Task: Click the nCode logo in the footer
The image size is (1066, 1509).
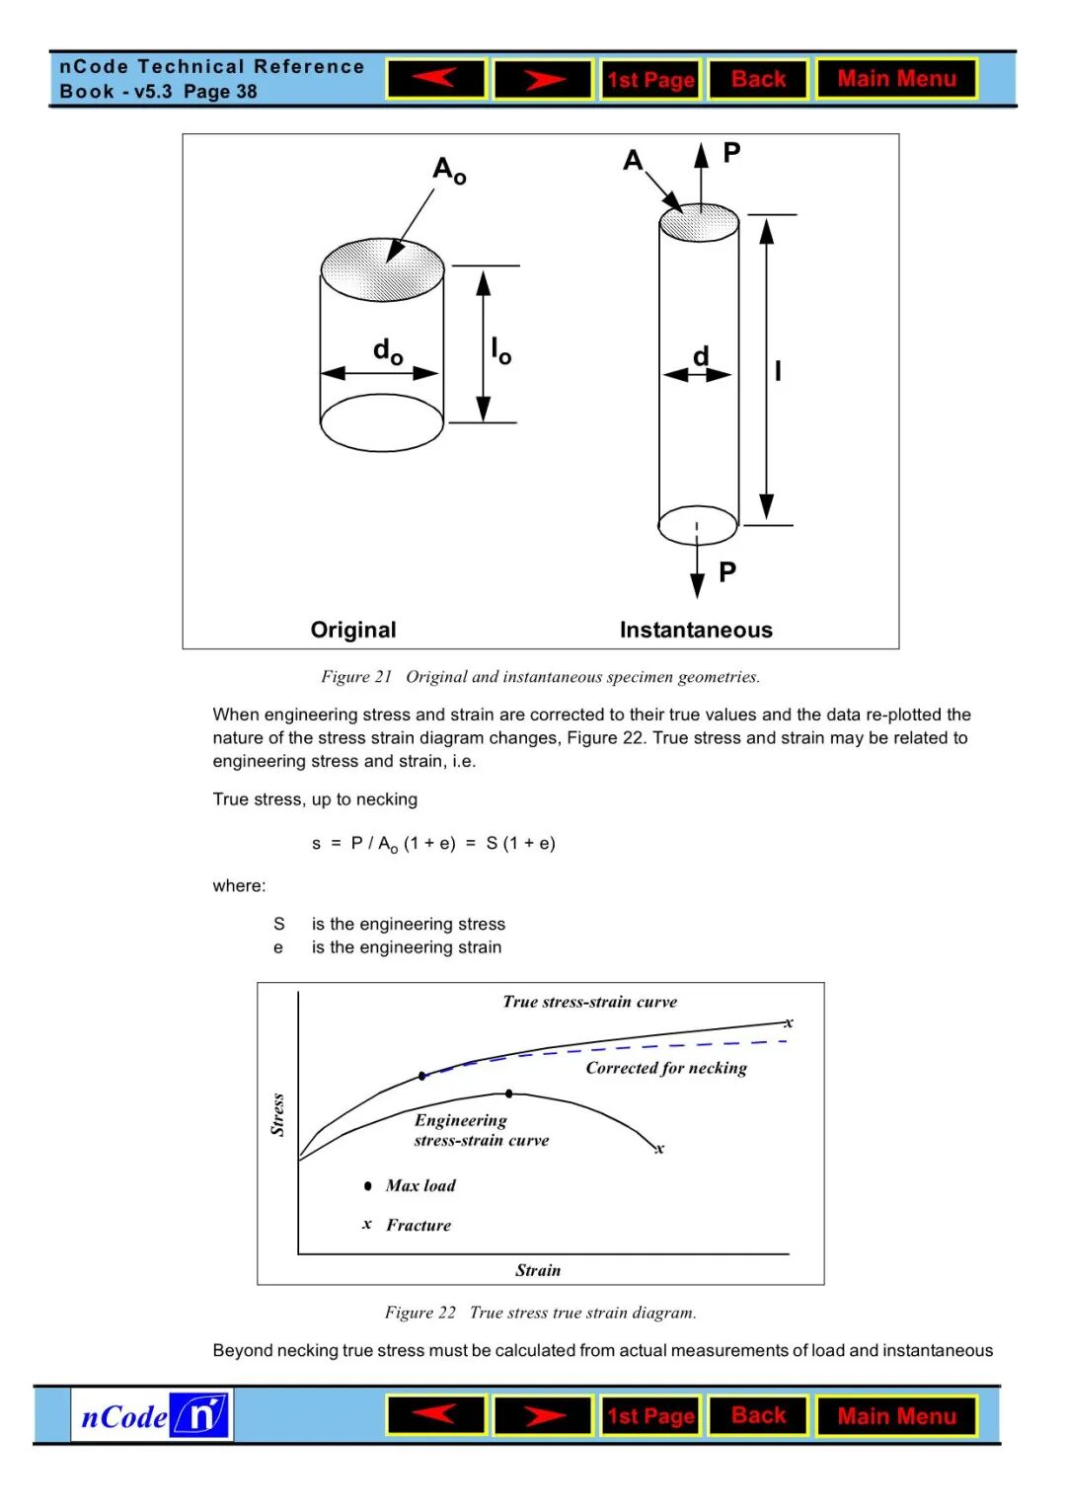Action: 152,1416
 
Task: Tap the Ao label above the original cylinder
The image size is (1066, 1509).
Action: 449,170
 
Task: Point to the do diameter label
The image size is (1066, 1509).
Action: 388,350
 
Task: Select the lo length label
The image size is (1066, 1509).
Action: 500,350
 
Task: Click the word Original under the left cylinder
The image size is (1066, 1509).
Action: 353,630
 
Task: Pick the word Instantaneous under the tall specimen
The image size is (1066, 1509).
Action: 696,630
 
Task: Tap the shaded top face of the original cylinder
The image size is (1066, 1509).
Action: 382,268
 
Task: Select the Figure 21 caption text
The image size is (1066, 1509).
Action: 540,677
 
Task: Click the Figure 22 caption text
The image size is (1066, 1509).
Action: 540,1313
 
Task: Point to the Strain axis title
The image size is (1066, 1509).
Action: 538,1271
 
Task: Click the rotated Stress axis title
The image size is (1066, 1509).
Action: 277,1115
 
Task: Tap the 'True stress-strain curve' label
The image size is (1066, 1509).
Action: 589,1002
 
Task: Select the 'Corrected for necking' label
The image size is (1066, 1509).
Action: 666,1068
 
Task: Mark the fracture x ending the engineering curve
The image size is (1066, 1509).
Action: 659,1149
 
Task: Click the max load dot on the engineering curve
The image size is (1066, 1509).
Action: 509,1094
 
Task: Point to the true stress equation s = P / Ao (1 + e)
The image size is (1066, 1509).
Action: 433,844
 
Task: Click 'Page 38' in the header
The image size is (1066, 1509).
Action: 220,92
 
